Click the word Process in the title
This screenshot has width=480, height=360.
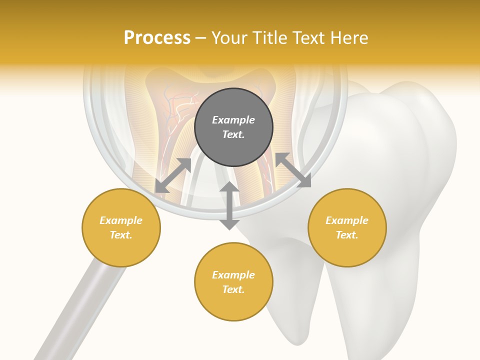coord(157,38)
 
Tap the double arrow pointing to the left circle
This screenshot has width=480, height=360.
coord(173,175)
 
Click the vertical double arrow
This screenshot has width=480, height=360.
coord(229,205)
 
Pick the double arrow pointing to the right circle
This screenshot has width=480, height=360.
coord(293,170)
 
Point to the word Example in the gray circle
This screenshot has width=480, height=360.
coord(233,120)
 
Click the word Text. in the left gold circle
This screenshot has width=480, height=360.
coord(121,235)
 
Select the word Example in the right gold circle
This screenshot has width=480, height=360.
coord(347,220)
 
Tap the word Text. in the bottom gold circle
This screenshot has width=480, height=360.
coord(233,289)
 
